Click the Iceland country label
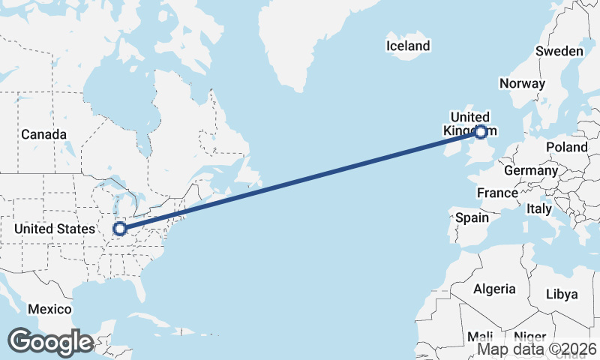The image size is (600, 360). (x=408, y=46)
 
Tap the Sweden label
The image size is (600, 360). (x=559, y=51)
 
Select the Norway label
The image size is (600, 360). (x=522, y=83)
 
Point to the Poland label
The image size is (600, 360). (x=566, y=147)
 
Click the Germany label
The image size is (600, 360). (x=531, y=170)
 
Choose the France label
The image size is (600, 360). (x=497, y=193)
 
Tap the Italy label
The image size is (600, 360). (x=539, y=208)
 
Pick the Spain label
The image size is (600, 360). (x=472, y=218)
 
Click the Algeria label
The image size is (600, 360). (x=494, y=289)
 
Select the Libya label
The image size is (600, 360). (x=562, y=293)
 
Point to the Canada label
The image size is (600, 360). (x=43, y=134)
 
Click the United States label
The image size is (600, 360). (x=55, y=229)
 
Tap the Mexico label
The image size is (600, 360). (x=49, y=309)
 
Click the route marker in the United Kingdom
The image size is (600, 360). (x=481, y=133)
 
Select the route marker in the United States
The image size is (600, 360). (x=119, y=229)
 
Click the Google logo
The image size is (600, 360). (x=50, y=342)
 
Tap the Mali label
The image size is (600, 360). (x=479, y=337)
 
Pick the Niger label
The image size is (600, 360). (x=531, y=337)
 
